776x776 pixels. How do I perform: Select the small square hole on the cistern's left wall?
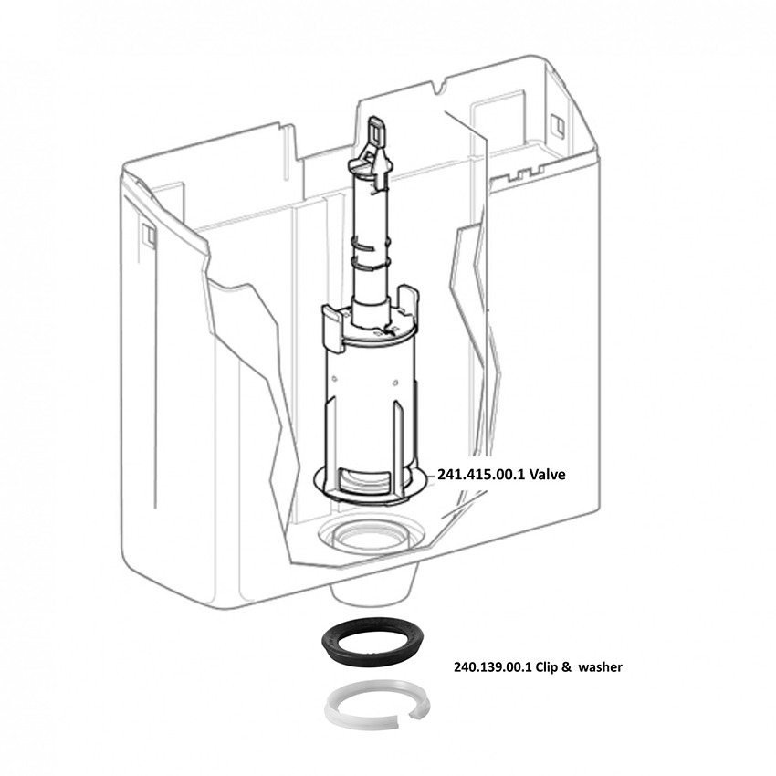coord(148,236)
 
